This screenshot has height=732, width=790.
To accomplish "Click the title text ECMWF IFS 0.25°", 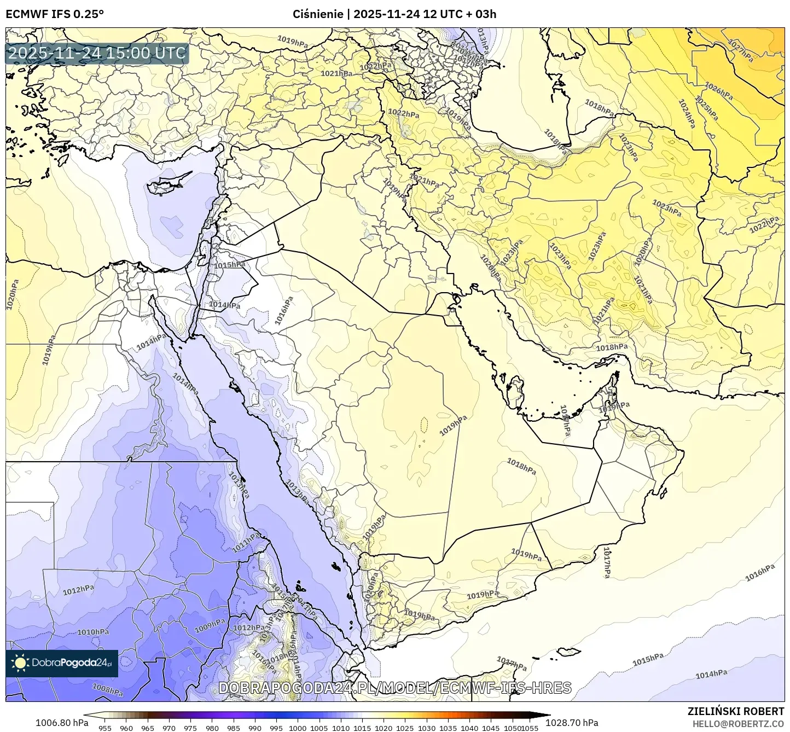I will coord(55,14).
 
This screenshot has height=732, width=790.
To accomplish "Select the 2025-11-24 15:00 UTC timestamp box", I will coord(97,54).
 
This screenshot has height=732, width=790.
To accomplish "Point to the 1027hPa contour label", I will coord(740,50).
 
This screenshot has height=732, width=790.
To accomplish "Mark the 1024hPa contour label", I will coord(687,114).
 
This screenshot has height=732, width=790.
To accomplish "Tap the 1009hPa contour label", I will coord(210,625).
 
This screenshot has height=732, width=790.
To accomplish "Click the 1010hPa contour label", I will coord(92,632).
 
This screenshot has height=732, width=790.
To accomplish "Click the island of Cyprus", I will coord(170,183).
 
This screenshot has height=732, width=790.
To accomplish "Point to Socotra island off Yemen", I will coord(569,652).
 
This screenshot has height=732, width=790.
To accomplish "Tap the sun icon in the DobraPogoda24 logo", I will coord(20,664).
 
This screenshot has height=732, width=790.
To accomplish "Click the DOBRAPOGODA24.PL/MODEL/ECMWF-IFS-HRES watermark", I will coord(395,688).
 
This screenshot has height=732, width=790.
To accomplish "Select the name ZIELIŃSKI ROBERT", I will coord(736,711).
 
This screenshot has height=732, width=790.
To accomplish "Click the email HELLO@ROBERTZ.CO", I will coord(738,723).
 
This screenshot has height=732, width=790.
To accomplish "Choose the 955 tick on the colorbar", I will coord(105,728).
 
